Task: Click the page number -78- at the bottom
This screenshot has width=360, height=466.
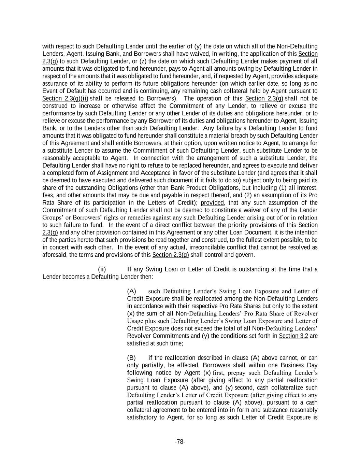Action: [180, 442]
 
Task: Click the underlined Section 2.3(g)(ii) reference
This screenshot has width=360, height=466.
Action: [65, 99]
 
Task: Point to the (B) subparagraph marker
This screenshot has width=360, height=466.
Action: [131, 358]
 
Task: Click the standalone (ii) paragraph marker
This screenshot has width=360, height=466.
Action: [102, 269]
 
